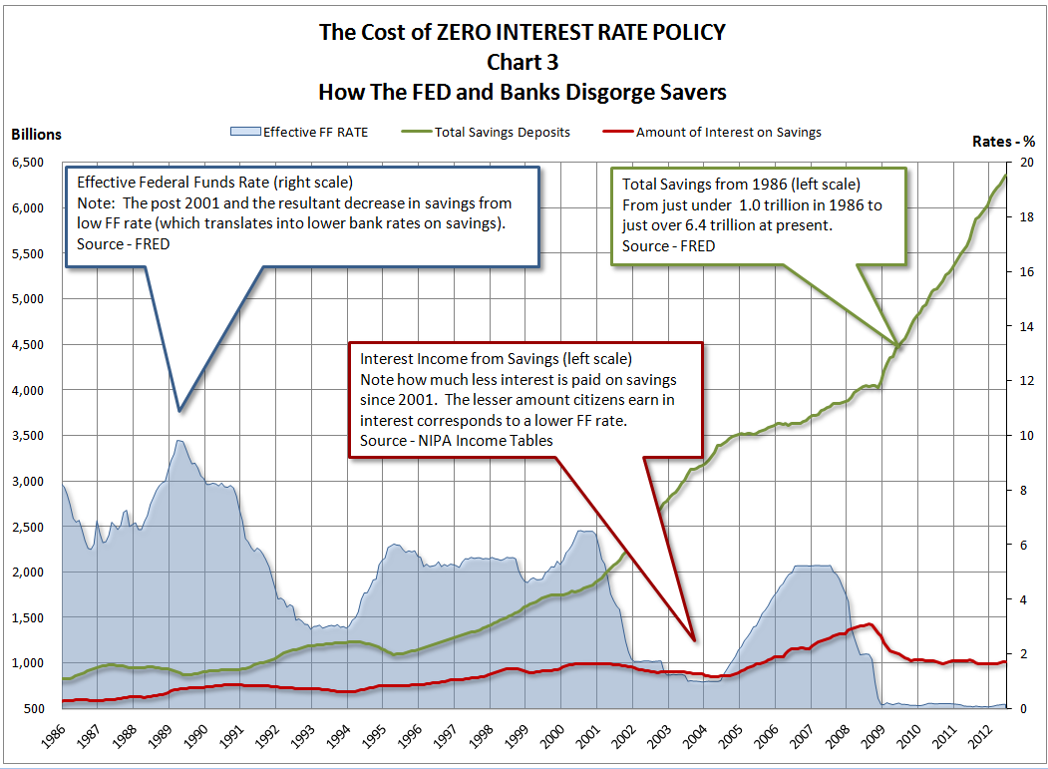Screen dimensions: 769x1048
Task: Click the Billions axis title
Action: pyautogui.click(x=36, y=135)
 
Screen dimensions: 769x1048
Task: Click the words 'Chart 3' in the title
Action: pyautogui.click(x=523, y=62)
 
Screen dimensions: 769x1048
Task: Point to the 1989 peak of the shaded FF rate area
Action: pyautogui.click(x=179, y=441)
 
